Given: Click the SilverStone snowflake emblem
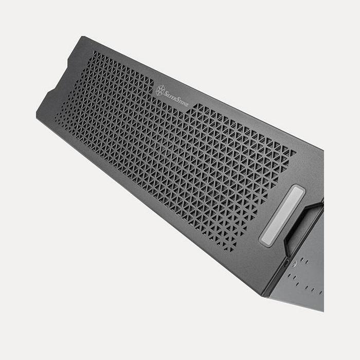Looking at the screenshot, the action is click(160, 90).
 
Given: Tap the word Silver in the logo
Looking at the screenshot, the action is click(170, 96).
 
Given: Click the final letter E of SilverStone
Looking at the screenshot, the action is click(187, 105).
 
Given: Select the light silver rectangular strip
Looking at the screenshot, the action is click(282, 216).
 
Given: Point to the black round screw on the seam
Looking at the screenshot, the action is click(285, 263).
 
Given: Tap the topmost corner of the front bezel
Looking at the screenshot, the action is click(83, 37).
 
